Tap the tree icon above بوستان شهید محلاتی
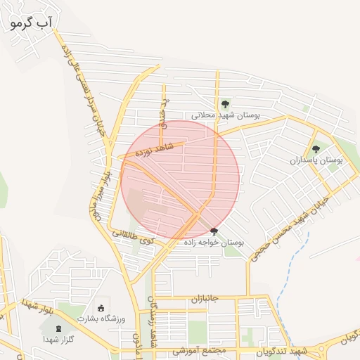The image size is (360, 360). pyautogui.click(x=224, y=104)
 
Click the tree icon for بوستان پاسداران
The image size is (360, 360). pyautogui.click(x=316, y=149)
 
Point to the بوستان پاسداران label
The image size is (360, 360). pyautogui.click(x=316, y=160)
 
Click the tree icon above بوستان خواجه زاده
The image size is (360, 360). pyautogui.click(x=214, y=231)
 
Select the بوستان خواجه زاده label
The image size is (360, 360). pyautogui.click(x=214, y=243)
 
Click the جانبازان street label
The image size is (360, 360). pyautogui.click(x=205, y=298)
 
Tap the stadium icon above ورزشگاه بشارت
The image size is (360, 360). pyautogui.click(x=101, y=307)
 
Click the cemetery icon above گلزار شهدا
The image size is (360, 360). pyautogui.click(x=58, y=328)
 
